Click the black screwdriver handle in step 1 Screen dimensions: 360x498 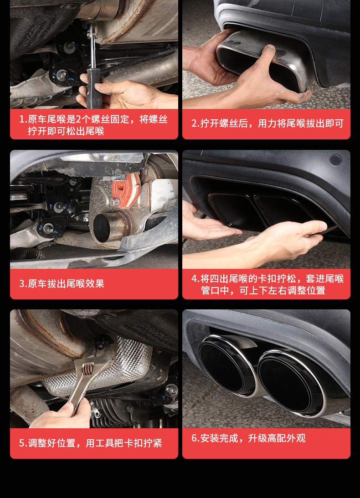point(94,88)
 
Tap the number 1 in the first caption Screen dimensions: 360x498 point(22,119)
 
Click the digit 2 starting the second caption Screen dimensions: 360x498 point(194,123)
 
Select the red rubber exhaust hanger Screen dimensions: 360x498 point(126,190)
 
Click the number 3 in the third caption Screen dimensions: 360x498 point(22,283)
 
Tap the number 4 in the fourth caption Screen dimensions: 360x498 point(194,278)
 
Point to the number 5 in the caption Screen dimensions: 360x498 point(22,443)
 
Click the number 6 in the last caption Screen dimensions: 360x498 point(194,438)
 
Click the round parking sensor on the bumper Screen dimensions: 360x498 point(335,160)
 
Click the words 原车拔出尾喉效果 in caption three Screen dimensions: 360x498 point(66,283)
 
